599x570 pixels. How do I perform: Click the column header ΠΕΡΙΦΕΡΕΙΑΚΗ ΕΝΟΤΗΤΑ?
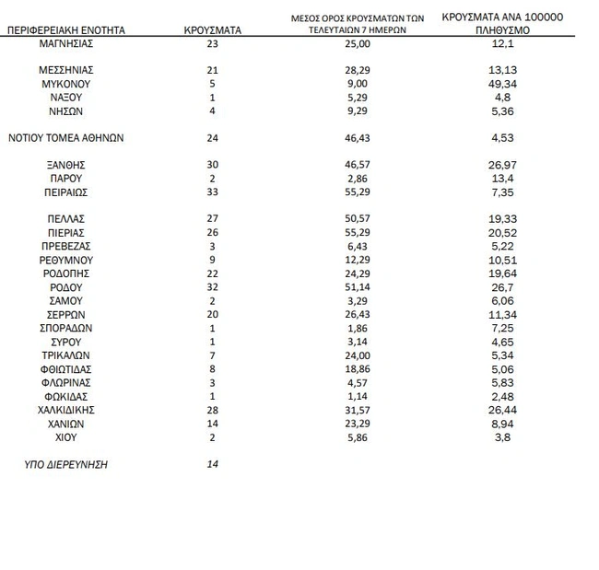click(65, 30)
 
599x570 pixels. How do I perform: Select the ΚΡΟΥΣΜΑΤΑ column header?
click(213, 30)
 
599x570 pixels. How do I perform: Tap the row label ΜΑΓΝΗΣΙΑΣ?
click(66, 43)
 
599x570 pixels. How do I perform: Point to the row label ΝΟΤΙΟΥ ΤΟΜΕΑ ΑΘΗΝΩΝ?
click(65, 138)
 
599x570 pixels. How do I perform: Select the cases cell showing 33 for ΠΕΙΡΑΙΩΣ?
click(213, 192)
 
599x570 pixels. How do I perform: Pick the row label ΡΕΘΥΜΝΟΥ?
click(66, 261)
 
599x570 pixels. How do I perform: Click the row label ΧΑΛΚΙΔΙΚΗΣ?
click(66, 410)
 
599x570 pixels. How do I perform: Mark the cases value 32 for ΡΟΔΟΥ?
click(213, 287)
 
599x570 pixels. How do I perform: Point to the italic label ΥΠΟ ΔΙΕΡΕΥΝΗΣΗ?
click(66, 465)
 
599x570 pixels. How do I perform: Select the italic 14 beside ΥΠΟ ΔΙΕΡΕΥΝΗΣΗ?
click(213, 465)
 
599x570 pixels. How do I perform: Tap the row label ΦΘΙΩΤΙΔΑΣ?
click(66, 369)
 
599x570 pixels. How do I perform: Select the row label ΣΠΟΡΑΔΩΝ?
click(66, 329)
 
